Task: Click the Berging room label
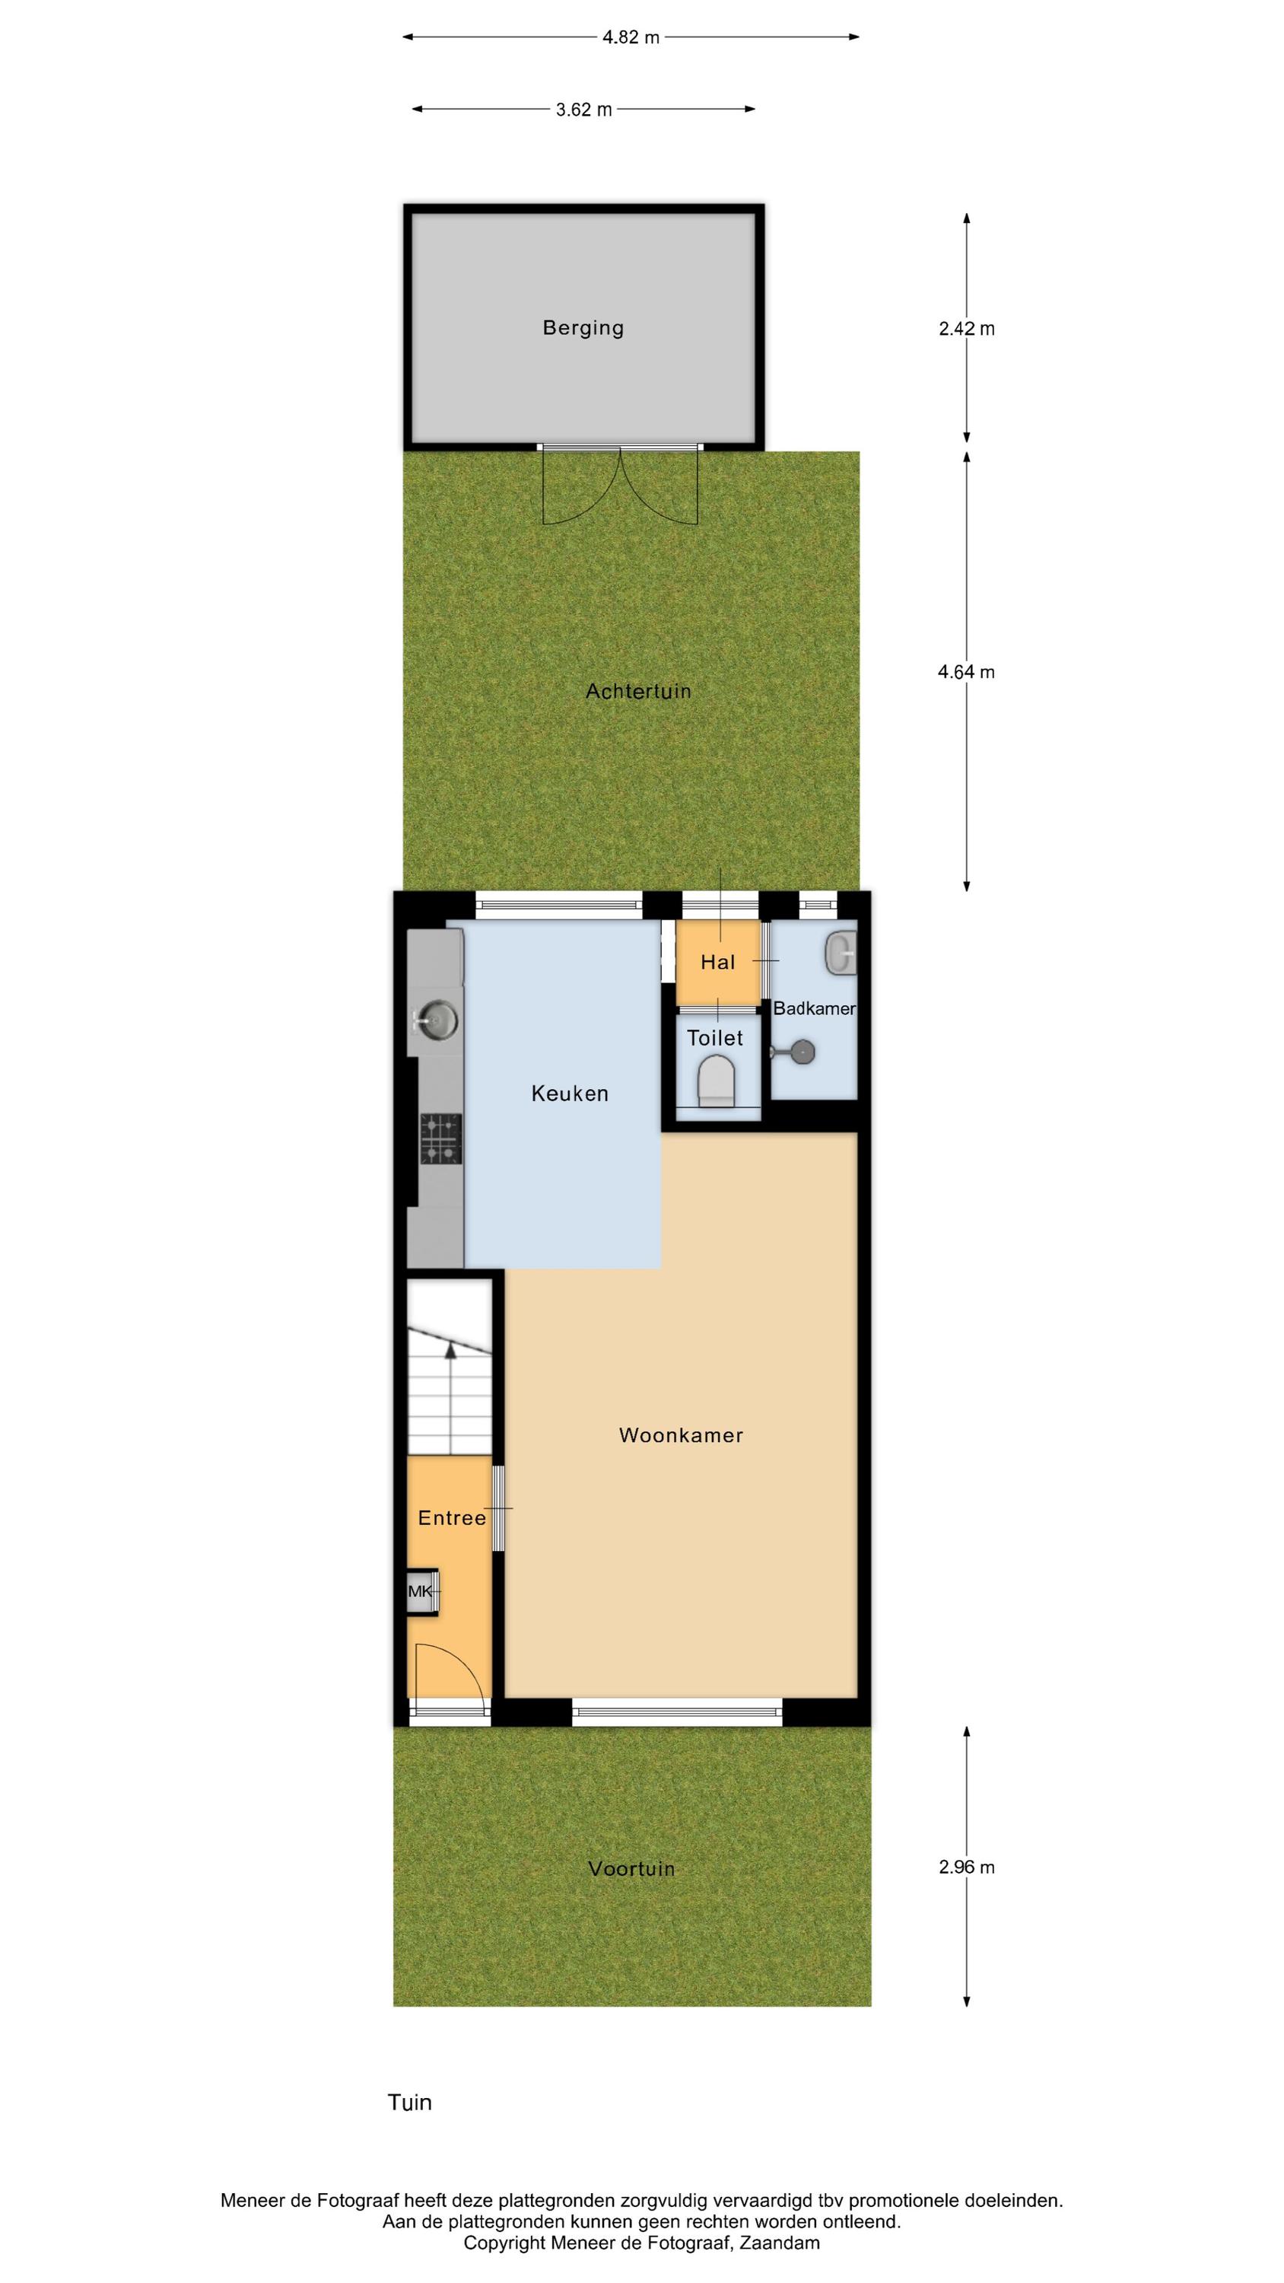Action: pos(583,328)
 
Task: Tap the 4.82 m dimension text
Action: pos(631,37)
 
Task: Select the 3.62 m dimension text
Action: pos(584,110)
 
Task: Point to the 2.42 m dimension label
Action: pos(967,329)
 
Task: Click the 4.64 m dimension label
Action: pos(967,672)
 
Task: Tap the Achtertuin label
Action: pos(638,691)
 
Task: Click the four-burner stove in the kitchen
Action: pos(440,1138)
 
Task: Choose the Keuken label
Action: pos(570,1094)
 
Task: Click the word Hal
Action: pos(718,962)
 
